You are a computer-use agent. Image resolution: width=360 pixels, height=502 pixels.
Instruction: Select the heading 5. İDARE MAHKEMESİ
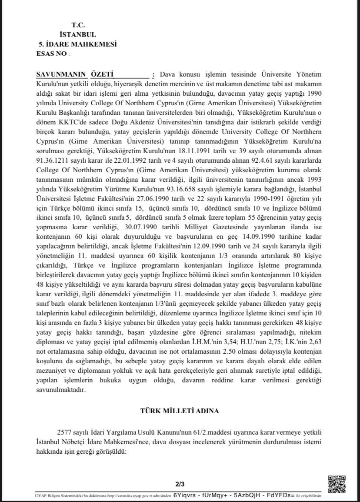[78, 44]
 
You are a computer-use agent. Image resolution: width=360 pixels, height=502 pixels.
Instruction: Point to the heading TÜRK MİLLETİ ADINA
[180, 411]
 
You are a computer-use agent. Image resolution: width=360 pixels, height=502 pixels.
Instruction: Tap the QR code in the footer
[337, 484]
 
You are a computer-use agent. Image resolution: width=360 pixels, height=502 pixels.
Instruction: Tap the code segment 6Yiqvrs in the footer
[184, 495]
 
